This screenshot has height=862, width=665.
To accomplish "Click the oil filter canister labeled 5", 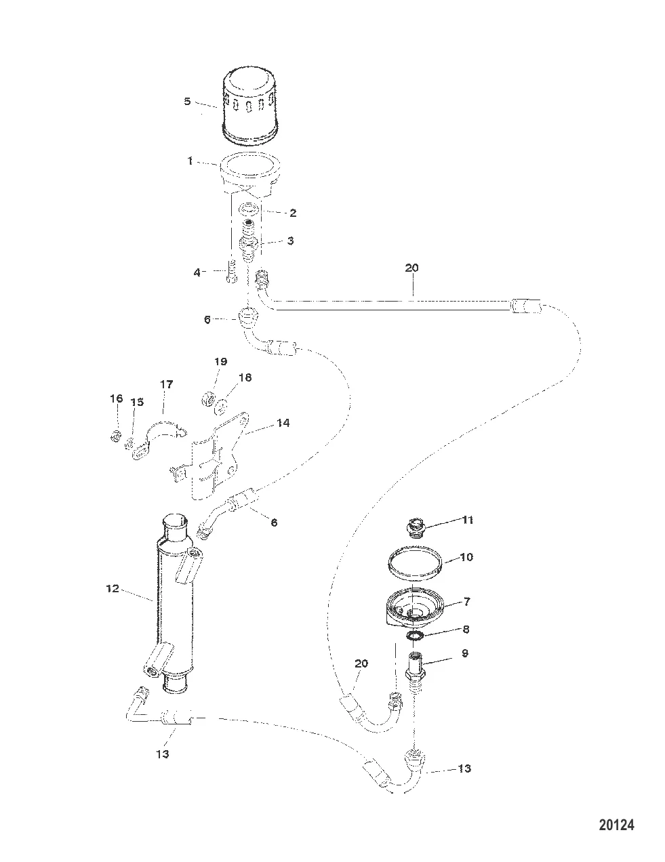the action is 248,107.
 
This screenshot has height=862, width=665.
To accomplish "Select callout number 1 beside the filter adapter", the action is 190,161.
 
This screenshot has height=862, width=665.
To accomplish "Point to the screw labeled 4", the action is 232,271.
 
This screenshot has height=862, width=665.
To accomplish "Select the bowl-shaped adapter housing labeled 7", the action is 414,609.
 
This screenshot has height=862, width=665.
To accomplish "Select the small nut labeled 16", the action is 115,436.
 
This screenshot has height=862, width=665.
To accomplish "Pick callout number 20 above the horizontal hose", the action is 411,268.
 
